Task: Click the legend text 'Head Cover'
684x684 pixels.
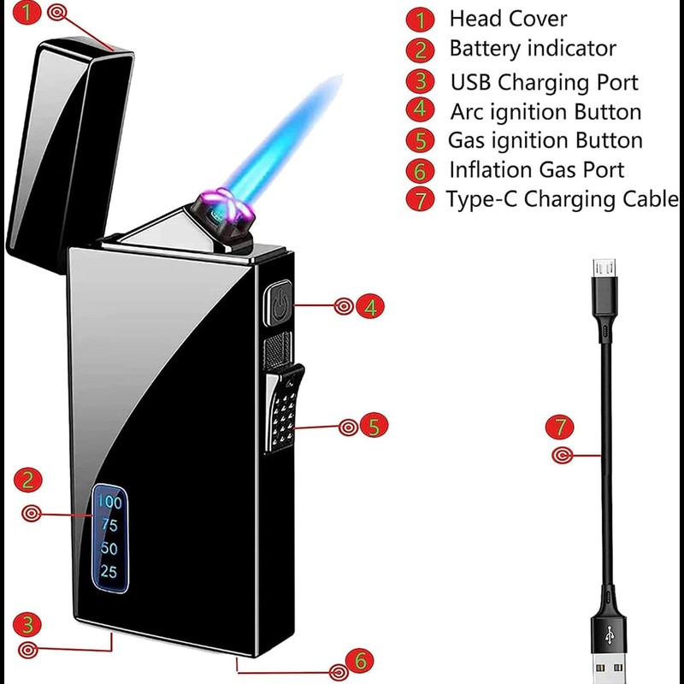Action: point(508,18)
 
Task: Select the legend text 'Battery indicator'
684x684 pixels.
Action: point(532,48)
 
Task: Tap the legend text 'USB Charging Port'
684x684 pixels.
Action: point(545,82)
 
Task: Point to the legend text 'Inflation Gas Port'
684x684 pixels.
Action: point(537,170)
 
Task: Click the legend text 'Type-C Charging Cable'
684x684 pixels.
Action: point(562,200)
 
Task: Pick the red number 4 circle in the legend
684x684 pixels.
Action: point(420,110)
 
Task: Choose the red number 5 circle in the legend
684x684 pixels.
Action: point(420,140)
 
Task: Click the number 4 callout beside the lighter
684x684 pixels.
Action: point(369,306)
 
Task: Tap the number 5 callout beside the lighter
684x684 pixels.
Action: point(374,425)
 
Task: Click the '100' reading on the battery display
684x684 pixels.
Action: point(109,501)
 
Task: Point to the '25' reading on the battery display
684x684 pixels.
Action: point(109,572)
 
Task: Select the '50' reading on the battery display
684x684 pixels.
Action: point(109,549)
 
